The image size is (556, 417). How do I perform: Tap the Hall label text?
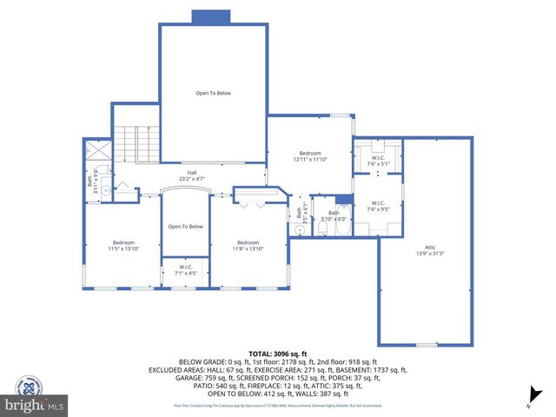191,173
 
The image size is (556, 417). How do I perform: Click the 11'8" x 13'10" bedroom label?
248,246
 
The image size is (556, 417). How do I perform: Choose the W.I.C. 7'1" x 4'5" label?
186,270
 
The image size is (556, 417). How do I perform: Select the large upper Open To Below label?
213,93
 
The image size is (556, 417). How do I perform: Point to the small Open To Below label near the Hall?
186,227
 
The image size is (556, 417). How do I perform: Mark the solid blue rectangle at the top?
210,17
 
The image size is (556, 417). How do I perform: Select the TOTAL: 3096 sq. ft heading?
279,354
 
